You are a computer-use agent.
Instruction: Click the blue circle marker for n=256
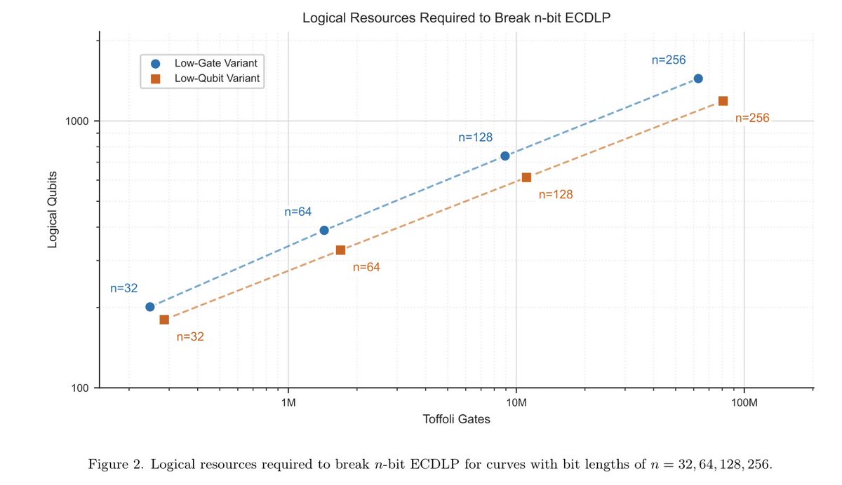[697, 78]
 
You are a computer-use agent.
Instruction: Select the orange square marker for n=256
[723, 101]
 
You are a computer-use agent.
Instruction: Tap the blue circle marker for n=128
[504, 156]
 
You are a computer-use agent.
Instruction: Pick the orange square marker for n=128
[526, 177]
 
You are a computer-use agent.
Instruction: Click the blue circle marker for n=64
[324, 230]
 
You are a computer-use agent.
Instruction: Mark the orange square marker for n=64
[340, 250]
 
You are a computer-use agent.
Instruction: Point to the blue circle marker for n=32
[149, 306]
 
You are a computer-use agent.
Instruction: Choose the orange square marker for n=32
[164, 320]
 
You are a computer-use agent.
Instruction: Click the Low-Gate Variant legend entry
[208, 63]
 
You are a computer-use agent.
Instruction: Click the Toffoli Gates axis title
[456, 420]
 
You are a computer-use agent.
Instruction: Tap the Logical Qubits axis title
[53, 208]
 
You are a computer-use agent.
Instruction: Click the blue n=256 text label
[668, 60]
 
